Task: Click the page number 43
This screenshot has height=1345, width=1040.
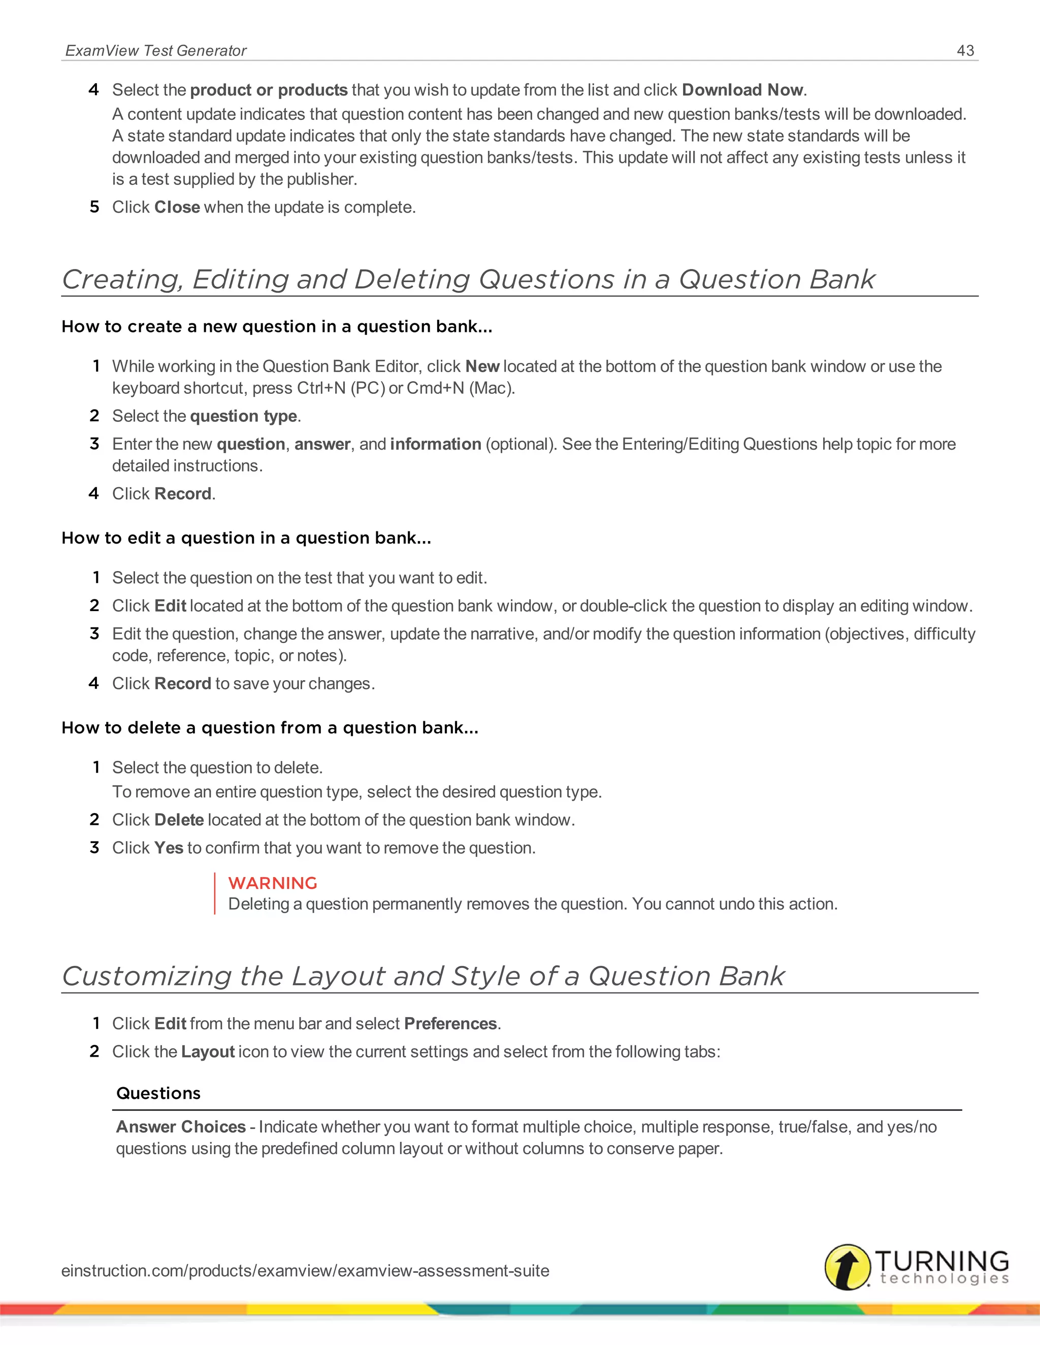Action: pyautogui.click(x=965, y=50)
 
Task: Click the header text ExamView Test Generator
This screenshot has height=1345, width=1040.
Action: pyautogui.click(x=156, y=50)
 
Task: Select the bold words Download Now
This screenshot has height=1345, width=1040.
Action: pyautogui.click(x=742, y=90)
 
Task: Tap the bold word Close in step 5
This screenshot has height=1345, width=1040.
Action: pyautogui.click(x=177, y=207)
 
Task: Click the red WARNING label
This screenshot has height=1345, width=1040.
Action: pyautogui.click(x=272, y=883)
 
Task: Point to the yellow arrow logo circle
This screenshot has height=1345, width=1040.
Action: pyautogui.click(x=847, y=1267)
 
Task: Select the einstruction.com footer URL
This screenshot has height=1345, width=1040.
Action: pyautogui.click(x=305, y=1270)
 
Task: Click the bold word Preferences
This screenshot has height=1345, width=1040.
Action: pyautogui.click(x=450, y=1024)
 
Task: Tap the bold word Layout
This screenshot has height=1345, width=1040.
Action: pyautogui.click(x=208, y=1051)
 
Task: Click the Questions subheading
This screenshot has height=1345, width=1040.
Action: pyautogui.click(x=158, y=1093)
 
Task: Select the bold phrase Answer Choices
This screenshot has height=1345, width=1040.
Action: pyautogui.click(x=181, y=1126)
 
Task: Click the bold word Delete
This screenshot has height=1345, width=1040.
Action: pyautogui.click(x=179, y=820)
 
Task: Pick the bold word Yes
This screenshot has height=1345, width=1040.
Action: pyautogui.click(x=169, y=848)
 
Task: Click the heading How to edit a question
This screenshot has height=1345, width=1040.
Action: pyautogui.click(x=246, y=537)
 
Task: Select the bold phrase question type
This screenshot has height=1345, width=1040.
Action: pyautogui.click(x=243, y=416)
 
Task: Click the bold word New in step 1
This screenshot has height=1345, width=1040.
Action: pyautogui.click(x=482, y=366)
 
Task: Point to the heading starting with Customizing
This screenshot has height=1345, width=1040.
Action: pyautogui.click(x=422, y=976)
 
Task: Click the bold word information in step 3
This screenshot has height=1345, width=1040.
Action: pyautogui.click(x=435, y=444)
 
